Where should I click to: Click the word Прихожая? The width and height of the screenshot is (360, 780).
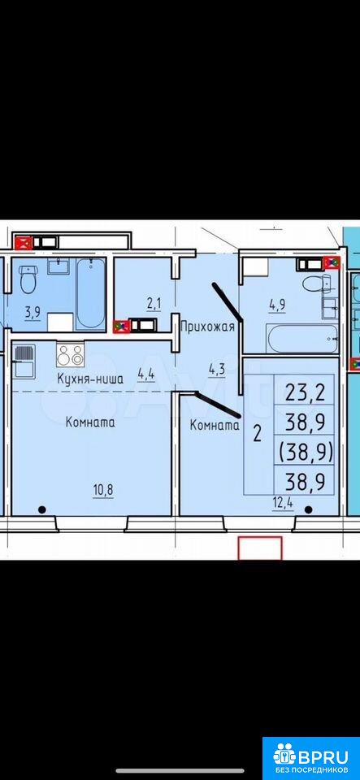(207, 327)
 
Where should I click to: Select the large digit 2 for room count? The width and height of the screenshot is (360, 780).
(257, 434)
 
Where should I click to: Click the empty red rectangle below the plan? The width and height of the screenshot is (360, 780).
(260, 548)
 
